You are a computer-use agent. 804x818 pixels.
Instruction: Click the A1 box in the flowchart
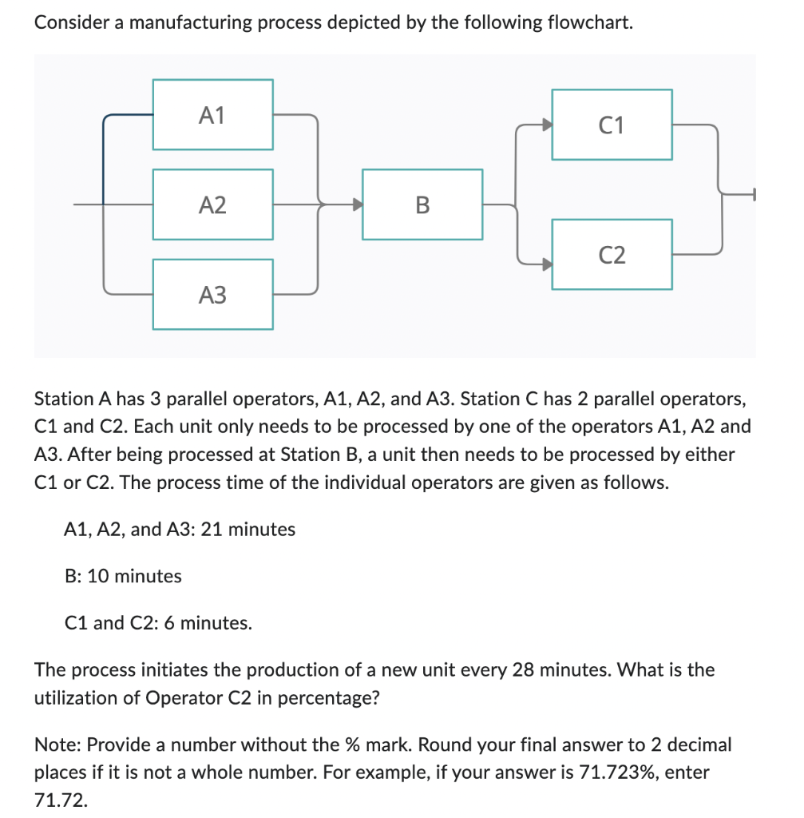[x=212, y=114]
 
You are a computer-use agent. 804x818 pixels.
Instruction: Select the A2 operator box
[x=212, y=204]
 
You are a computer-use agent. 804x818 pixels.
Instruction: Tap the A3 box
[x=212, y=295]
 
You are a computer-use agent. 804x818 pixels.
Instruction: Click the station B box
[x=422, y=204]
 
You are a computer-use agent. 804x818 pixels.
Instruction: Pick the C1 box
[x=612, y=125]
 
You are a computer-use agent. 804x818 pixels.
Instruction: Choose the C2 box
[x=612, y=255]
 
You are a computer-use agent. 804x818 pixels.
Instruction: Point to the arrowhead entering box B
[x=356, y=204]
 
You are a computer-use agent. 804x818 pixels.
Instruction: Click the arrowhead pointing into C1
[x=546, y=125]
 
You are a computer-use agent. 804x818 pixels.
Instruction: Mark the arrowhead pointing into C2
[x=546, y=261]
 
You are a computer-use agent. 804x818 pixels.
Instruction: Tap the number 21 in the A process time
[x=212, y=529]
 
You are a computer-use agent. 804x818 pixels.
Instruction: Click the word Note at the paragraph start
[x=56, y=745]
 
